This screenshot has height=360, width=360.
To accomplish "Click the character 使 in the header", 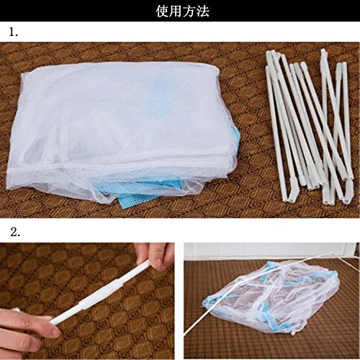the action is (163, 11).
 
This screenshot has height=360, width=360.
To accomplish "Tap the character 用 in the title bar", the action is (176, 11).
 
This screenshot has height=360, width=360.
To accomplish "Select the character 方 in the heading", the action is (189, 11).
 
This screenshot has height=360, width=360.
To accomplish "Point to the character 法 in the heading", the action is (203, 11).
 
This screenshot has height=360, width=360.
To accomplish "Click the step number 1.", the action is (14, 32).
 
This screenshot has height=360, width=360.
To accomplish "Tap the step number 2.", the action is (15, 232).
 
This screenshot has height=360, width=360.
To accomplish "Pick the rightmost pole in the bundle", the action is (347, 120).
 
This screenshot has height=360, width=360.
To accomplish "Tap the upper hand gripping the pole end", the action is (154, 256).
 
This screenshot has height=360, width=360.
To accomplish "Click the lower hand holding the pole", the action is (27, 329).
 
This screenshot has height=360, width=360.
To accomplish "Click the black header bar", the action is (180, 11).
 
